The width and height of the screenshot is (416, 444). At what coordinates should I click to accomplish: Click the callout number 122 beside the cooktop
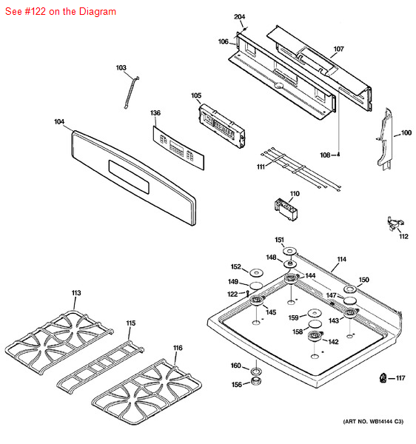[x=232, y=294]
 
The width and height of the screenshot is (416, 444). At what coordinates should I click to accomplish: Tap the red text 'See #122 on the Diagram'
[x=61, y=12]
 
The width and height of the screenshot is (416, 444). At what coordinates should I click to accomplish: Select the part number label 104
[x=59, y=122]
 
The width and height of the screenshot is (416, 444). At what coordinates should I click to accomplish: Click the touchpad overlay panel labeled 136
[x=178, y=148]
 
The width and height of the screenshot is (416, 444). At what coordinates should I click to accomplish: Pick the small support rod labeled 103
[x=132, y=92]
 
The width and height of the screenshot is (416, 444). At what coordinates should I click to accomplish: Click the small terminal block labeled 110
[x=286, y=209]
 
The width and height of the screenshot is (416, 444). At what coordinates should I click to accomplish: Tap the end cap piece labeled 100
[x=385, y=139]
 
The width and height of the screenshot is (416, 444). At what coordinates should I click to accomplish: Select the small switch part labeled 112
[x=395, y=223]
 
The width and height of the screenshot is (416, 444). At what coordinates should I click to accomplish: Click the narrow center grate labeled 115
[x=100, y=365]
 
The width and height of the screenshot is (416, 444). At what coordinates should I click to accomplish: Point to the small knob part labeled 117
[x=383, y=377]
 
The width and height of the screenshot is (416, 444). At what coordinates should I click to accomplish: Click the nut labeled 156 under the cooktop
[x=256, y=381]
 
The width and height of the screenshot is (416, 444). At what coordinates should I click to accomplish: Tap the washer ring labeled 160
[x=256, y=371]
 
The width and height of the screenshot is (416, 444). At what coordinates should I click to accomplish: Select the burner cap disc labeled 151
[x=289, y=251]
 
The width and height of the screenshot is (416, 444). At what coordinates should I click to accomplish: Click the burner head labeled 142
[x=315, y=336]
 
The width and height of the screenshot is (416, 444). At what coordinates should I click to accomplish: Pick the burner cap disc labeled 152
[x=256, y=272]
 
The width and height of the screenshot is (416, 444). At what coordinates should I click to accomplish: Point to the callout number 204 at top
[x=239, y=17]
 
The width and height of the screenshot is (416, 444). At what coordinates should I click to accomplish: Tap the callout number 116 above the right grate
[x=178, y=348]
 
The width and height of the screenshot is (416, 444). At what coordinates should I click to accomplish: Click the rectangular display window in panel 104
[x=129, y=178]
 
